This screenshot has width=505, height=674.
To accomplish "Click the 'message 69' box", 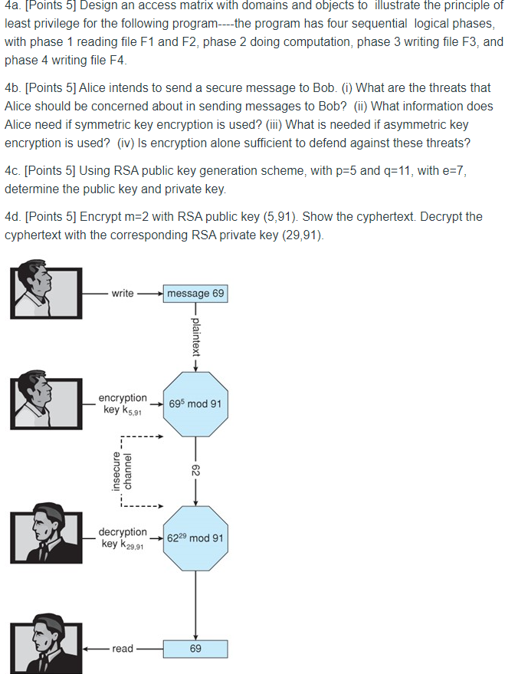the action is (x=196, y=293).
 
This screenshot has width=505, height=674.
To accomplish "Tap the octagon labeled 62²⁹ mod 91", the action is (x=195, y=538).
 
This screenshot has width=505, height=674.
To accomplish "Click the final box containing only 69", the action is (x=195, y=649).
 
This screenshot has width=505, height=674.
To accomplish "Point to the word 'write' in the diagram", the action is (x=122, y=293).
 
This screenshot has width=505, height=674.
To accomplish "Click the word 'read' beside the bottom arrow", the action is (x=122, y=649).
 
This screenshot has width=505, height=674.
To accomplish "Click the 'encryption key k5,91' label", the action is (x=123, y=403).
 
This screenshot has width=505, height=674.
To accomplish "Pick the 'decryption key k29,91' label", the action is (x=123, y=538).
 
